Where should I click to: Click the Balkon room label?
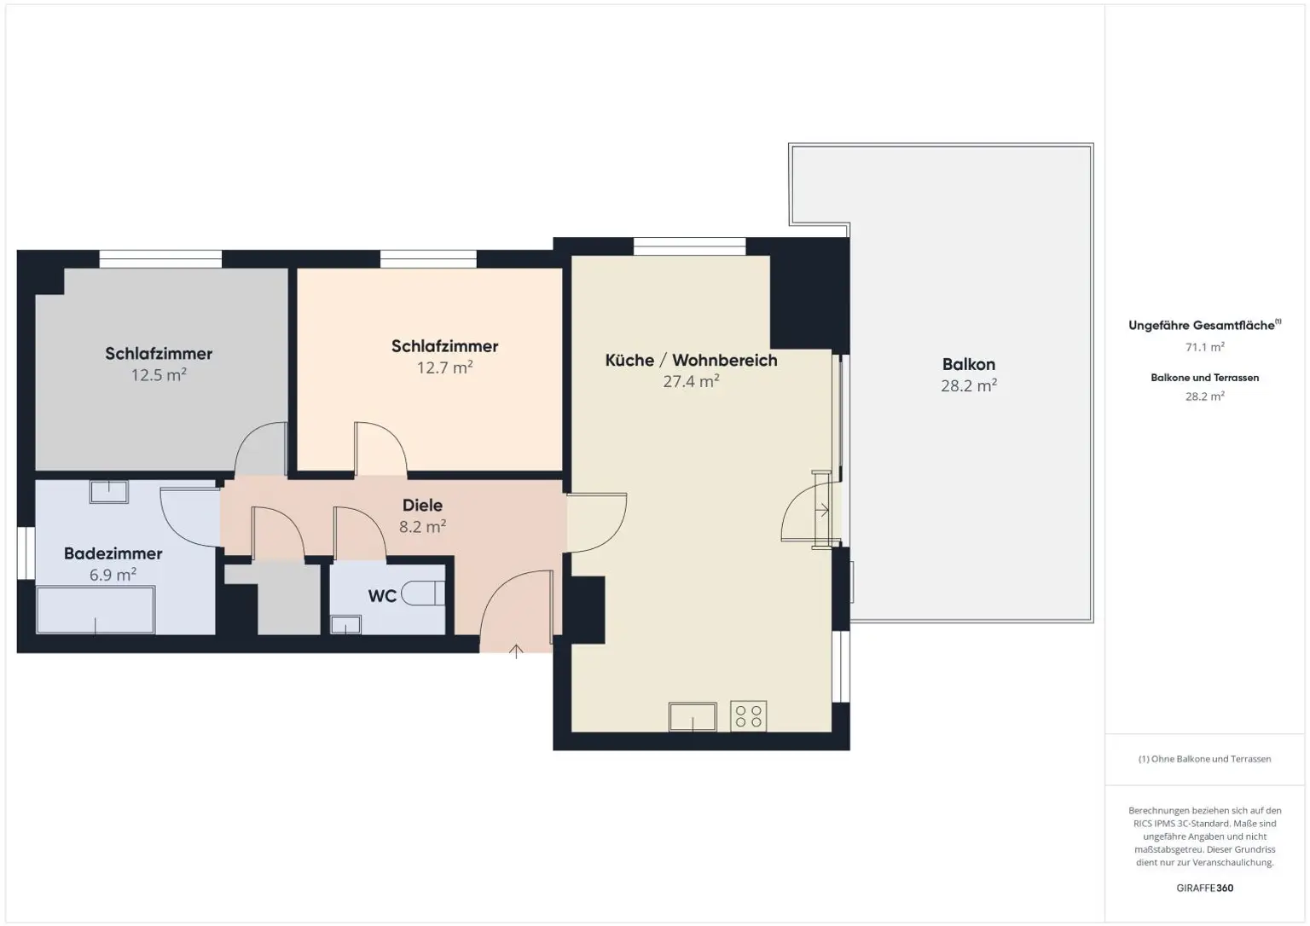(968, 365)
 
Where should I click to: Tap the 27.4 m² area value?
(691, 381)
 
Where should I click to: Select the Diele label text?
(422, 506)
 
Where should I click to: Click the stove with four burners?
(748, 716)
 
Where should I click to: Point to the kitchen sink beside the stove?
(693, 716)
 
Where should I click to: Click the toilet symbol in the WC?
(424, 593)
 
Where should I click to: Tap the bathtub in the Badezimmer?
(96, 610)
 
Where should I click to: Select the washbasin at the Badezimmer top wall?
(108, 491)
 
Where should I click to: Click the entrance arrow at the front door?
(516, 652)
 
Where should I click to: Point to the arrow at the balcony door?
(823, 511)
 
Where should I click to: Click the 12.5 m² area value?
(159, 375)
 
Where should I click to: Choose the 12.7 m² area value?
(444, 368)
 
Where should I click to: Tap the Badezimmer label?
(113, 553)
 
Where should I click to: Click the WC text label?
(382, 596)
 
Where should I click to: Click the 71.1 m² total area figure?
(1204, 347)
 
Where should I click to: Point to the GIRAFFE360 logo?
(1204, 888)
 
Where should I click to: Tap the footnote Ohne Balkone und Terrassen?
(1204, 759)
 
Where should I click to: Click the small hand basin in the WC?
(345, 625)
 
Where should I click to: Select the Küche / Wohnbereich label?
(691, 360)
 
